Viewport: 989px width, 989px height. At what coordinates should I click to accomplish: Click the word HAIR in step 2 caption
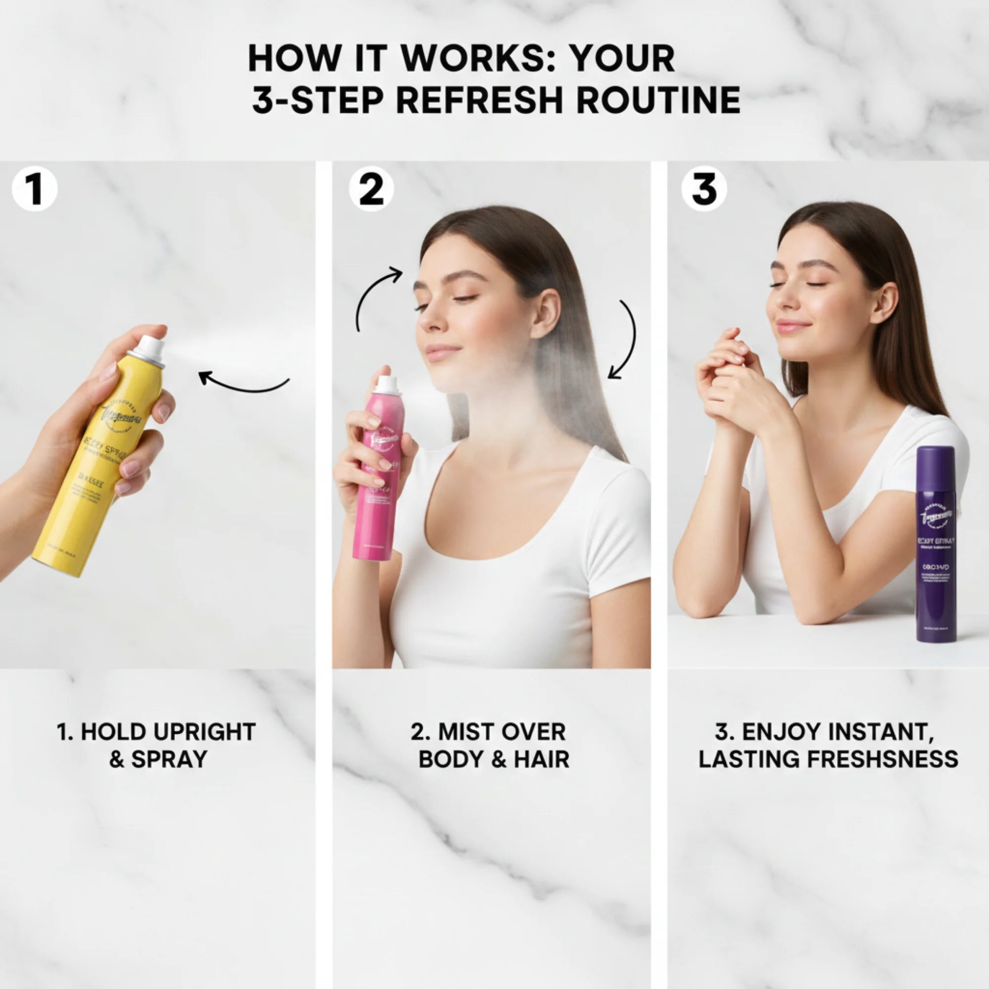coord(541,759)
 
